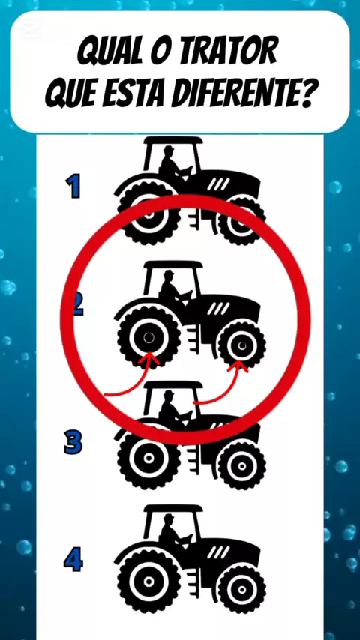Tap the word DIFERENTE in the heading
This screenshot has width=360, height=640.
pyautogui.click(x=237, y=95)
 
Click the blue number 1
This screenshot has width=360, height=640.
pyautogui.click(x=74, y=186)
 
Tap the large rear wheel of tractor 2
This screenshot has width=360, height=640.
pyautogui.click(x=149, y=338)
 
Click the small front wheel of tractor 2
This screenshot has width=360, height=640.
pyautogui.click(x=242, y=345)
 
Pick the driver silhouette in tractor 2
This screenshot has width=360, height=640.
pyautogui.click(x=174, y=288)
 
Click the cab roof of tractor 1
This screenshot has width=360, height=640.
pyautogui.click(x=174, y=141)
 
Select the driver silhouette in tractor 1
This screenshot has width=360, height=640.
pyautogui.click(x=174, y=164)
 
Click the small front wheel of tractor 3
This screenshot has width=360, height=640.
pyautogui.click(x=242, y=465)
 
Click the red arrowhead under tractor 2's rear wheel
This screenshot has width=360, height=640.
pyautogui.click(x=151, y=358)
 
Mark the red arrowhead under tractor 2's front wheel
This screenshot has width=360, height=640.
pyautogui.click(x=238, y=366)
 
